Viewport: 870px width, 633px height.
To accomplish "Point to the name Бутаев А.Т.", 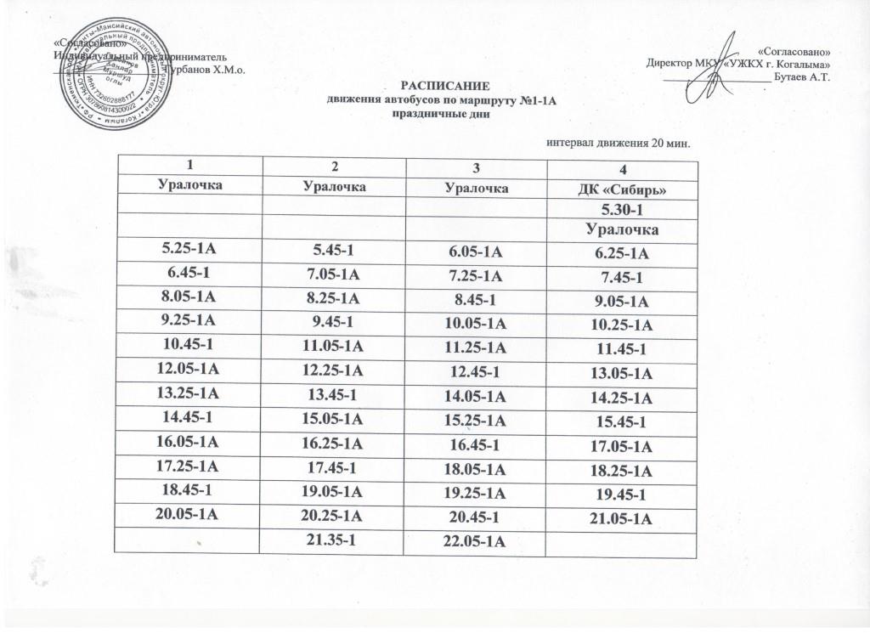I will (802, 77).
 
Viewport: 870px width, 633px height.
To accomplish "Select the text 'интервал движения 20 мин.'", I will (616, 142).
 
